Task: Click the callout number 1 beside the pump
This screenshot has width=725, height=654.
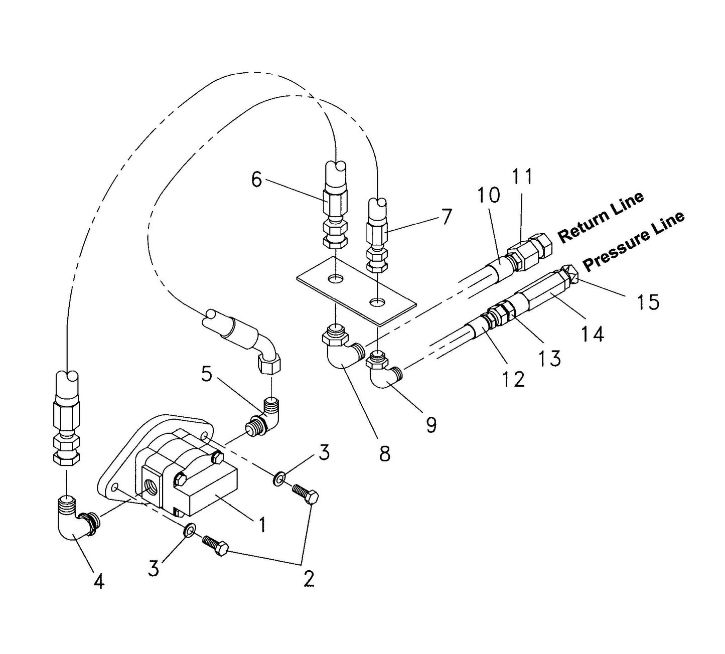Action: [261, 525]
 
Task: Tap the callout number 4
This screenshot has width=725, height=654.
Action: [99, 581]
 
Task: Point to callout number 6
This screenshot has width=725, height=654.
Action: [256, 180]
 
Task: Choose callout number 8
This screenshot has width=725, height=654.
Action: [384, 454]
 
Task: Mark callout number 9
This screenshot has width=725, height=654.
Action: [430, 424]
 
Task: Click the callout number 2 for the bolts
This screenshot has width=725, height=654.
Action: [309, 579]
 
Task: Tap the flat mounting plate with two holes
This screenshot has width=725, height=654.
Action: [356, 291]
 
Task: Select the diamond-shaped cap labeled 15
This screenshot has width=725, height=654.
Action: [572, 274]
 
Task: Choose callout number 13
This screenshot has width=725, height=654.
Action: [550, 358]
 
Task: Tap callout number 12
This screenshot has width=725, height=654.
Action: [514, 379]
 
